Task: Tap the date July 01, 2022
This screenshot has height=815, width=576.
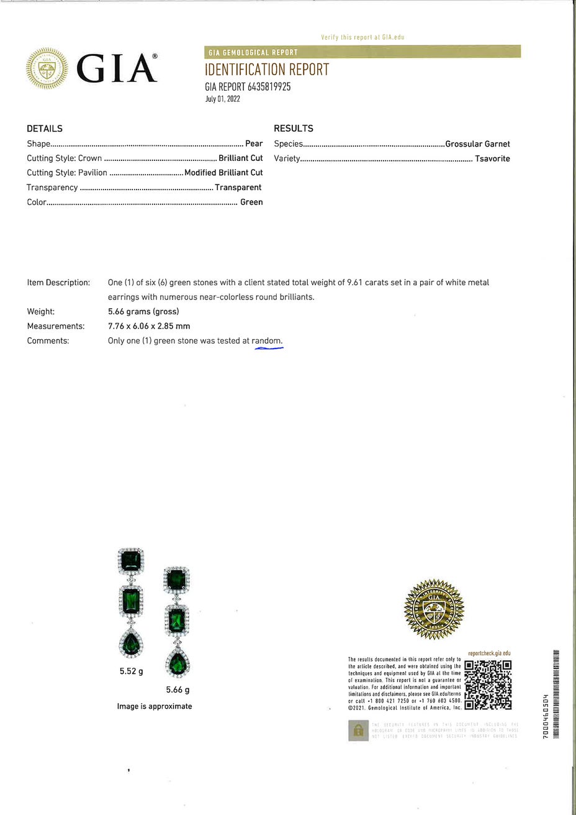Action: pos(222,99)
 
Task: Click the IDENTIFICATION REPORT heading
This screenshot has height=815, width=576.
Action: pos(267,70)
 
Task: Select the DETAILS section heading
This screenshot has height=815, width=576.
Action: pos(45,129)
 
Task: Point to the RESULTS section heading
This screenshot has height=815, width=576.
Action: pos(294,129)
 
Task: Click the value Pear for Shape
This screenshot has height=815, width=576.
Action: pos(254,143)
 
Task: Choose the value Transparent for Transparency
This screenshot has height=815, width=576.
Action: pos(238,188)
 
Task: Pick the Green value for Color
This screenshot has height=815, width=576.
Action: pos(251,202)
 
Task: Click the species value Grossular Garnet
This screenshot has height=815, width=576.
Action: pos(477,144)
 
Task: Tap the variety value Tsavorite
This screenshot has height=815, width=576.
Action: pos(492,158)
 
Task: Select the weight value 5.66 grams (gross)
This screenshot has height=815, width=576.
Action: pos(143,312)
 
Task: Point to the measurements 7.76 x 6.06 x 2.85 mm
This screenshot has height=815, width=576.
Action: pos(149,326)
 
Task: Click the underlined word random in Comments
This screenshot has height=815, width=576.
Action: pos(266,341)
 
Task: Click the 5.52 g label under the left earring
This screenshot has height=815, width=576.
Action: pos(132,672)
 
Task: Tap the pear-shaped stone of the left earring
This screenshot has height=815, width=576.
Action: pos(131,644)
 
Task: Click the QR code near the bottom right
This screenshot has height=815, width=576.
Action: pos(488,685)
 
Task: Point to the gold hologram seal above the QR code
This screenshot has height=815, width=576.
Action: pos(434,609)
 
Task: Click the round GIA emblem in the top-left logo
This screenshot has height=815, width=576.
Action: pos(47,68)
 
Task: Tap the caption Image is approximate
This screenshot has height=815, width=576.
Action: pos(155,706)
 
